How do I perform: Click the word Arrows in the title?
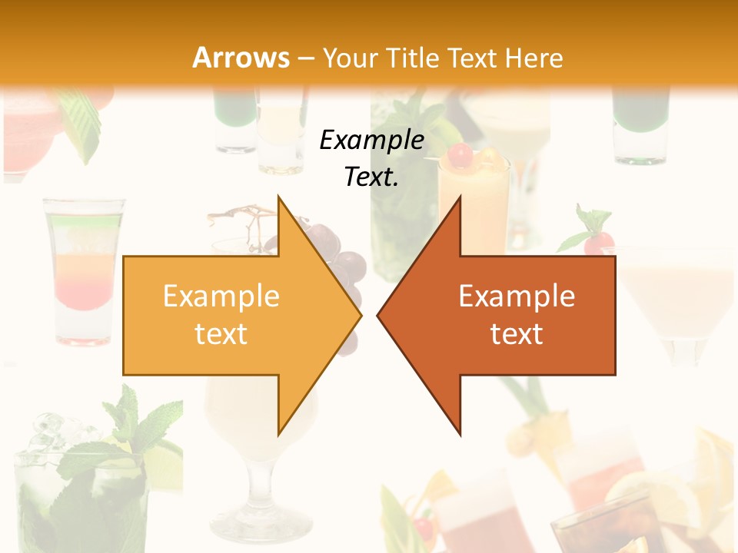coord(241,58)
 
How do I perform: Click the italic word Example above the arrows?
coord(371,141)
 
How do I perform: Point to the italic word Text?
coord(371,177)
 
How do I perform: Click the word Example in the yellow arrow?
coord(221,296)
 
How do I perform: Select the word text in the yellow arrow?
coord(221,334)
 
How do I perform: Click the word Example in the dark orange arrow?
coord(517,296)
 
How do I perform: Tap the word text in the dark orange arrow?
coord(517,334)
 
